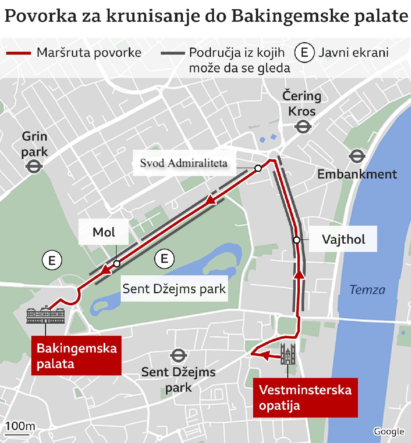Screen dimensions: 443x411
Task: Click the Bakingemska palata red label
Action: click(76, 355)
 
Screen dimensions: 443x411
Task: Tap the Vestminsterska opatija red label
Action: click(305, 398)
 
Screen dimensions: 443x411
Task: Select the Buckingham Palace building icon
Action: click(46, 316)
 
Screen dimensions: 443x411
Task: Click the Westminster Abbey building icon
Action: click(288, 354)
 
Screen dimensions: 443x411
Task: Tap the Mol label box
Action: click(104, 232)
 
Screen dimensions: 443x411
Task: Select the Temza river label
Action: click(367, 289)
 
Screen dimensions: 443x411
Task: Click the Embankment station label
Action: click(357, 174)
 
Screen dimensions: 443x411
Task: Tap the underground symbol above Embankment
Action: click(357, 157)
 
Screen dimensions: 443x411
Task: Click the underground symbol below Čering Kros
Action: click(302, 126)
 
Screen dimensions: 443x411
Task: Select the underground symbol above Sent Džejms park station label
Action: click(178, 355)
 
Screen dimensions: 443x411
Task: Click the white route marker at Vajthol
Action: click(297, 240)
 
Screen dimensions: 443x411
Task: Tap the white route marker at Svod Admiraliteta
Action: click(258, 168)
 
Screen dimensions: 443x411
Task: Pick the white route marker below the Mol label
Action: click(117, 264)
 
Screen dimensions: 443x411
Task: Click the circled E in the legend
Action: click(304, 53)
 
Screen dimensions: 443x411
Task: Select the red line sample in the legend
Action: click(18, 53)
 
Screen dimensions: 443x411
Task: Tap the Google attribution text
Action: click(388, 432)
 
